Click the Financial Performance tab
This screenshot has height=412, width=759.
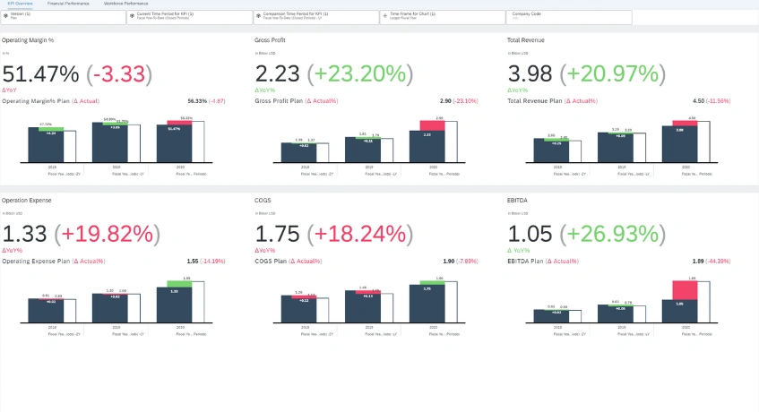click(68, 4)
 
